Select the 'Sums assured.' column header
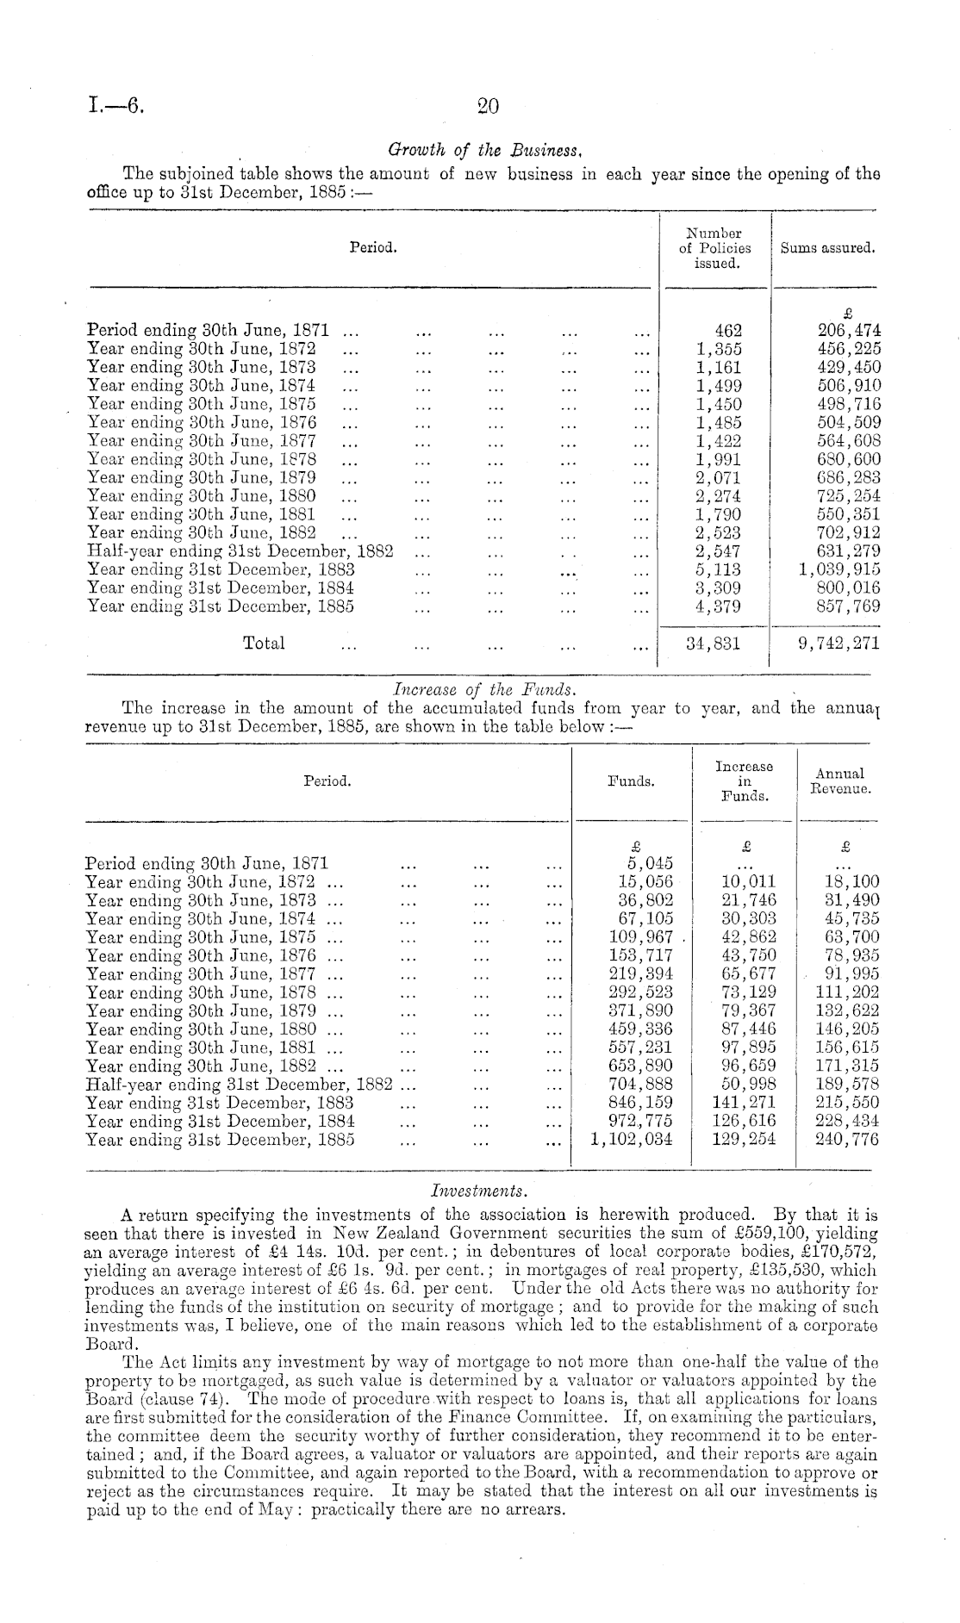tap(827, 248)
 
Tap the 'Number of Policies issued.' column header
tap(715, 248)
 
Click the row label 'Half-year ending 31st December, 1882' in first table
tap(240, 551)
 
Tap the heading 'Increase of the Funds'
tap(484, 689)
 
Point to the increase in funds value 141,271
tap(745, 1103)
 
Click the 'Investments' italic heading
tap(479, 1191)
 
